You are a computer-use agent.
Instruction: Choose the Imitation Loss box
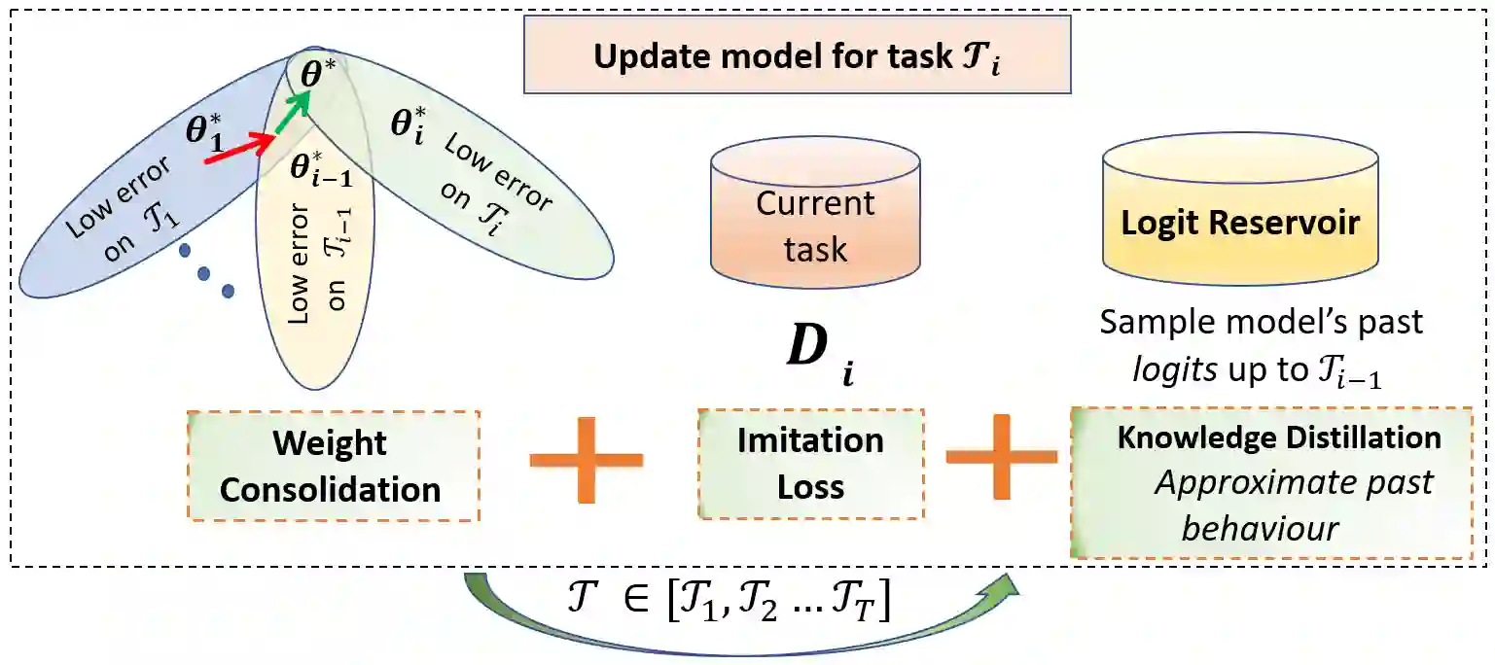click(x=810, y=464)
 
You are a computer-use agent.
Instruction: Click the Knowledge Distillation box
click(x=1271, y=483)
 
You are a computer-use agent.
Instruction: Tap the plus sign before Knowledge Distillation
click(x=1002, y=457)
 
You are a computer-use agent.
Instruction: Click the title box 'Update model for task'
click(x=797, y=54)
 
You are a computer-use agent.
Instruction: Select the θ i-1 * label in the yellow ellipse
click(x=320, y=169)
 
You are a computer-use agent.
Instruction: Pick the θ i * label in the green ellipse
click(x=408, y=126)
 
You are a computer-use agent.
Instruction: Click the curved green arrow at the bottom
click(x=739, y=637)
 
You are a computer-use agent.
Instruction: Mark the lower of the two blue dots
click(x=228, y=290)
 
